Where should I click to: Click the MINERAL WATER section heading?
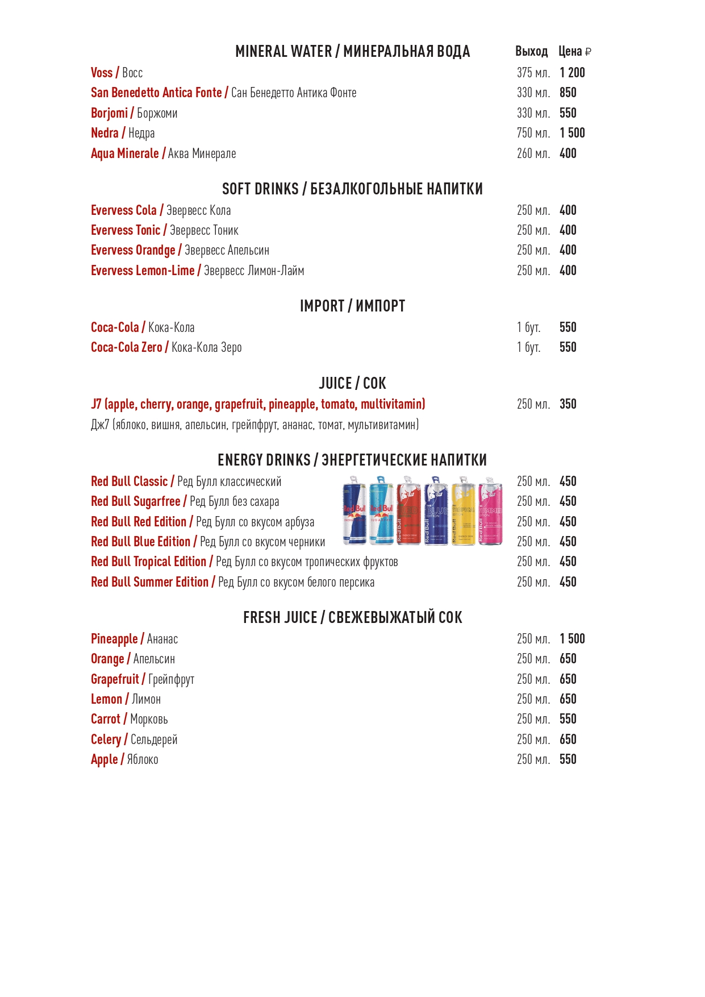point(352,52)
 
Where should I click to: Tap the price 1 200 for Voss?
point(571,73)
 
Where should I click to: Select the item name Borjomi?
point(109,113)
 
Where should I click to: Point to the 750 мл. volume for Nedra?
point(533,133)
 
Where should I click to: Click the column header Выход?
point(531,52)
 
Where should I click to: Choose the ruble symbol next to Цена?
point(588,52)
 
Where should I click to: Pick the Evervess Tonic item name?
point(126,230)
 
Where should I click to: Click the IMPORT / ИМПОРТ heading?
point(352,306)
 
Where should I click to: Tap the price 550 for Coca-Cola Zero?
point(568,347)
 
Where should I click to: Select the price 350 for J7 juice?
point(568,404)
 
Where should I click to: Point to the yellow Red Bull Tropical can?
point(464,510)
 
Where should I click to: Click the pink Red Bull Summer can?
point(490,510)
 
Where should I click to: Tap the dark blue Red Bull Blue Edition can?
point(436,510)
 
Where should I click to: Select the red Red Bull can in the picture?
point(408,510)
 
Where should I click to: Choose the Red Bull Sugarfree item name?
point(136,501)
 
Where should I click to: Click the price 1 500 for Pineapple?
point(571,639)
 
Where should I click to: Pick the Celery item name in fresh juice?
point(106,740)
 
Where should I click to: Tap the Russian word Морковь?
point(149,720)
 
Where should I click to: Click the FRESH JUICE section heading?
point(352,618)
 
